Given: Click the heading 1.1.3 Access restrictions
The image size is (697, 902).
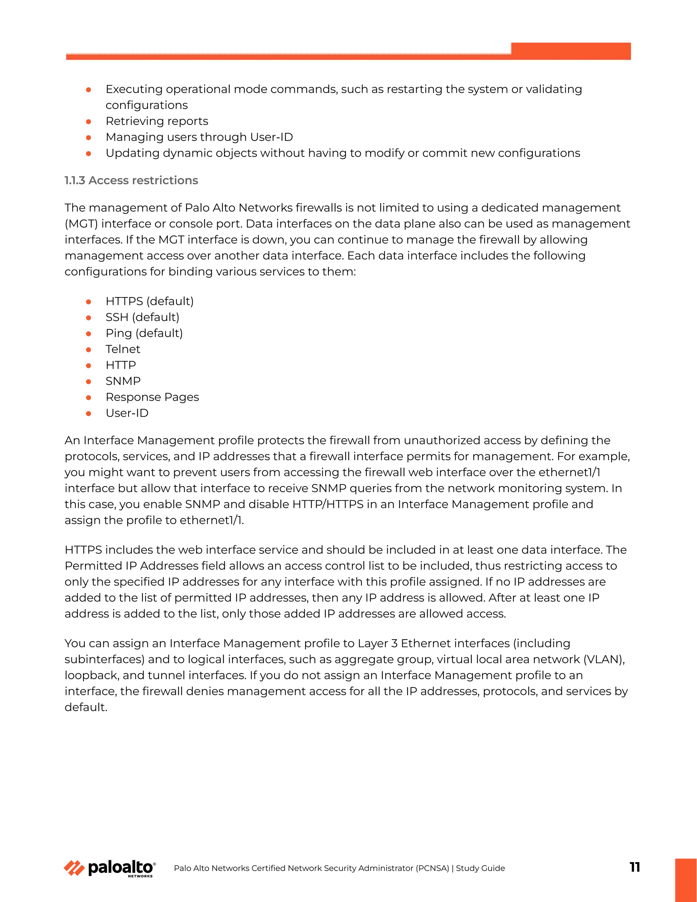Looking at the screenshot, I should pos(131,180).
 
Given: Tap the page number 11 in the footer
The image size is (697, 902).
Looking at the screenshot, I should pos(635,867).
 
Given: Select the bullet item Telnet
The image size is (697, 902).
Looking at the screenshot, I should pos(123,350).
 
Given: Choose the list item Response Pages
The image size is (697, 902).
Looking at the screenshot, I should pos(152,397).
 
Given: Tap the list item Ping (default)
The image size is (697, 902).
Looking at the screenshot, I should pos(144,333).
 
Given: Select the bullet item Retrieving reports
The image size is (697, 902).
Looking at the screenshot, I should pos(157,122).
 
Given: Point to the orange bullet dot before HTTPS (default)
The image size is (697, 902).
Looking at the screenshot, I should pos(88,302).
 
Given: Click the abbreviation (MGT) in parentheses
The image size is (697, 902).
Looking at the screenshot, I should pos(81,224).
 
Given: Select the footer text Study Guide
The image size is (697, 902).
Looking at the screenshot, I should pos(480,868).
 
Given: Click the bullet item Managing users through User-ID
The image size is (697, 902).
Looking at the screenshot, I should pos(199,137).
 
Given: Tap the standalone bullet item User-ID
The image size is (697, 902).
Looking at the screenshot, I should pos(127,414).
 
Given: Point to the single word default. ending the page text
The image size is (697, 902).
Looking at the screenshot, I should pos(86,708).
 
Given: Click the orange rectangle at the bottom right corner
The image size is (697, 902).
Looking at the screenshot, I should pos(685,880).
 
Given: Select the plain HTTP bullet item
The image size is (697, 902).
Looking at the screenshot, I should pos(120,366).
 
